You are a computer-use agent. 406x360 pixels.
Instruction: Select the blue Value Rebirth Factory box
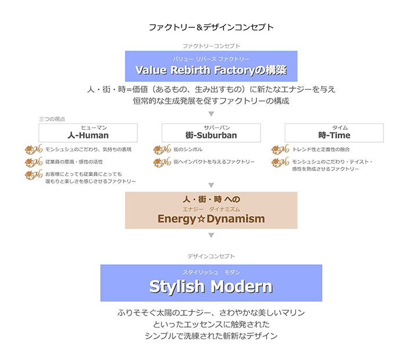pos(211,66)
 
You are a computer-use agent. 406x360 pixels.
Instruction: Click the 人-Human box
pos(88,132)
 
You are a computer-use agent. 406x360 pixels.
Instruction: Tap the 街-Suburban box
pos(211,132)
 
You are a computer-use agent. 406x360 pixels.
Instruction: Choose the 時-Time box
pos(334,132)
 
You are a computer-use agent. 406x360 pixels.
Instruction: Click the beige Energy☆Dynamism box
pos(211,210)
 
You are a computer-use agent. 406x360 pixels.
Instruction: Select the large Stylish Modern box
pos(211,282)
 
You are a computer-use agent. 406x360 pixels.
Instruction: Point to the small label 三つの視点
pos(52,118)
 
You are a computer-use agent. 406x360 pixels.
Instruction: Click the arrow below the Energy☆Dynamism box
pos(211,235)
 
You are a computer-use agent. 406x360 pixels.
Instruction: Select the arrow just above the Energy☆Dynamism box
pos(211,185)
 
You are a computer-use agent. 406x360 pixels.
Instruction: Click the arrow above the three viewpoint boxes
pos(211,114)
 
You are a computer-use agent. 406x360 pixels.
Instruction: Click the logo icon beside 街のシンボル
pos(162,150)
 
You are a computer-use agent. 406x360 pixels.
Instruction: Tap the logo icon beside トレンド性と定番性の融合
pos(280,150)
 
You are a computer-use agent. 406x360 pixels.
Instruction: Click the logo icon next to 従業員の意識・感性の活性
pos(34,162)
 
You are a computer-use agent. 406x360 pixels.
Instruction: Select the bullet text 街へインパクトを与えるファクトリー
pos(214,162)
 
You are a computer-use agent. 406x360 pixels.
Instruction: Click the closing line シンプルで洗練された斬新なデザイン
pos(211,336)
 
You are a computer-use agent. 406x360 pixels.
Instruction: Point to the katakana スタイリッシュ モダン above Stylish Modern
pos(211,272)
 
